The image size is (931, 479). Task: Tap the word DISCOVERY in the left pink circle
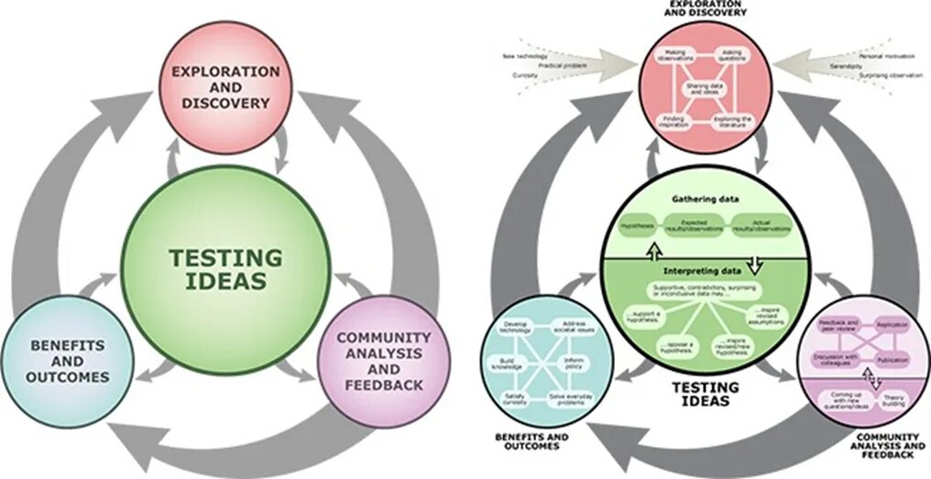[225, 103]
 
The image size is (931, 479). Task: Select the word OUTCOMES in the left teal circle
[68, 376]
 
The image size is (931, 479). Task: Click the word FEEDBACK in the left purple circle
[384, 385]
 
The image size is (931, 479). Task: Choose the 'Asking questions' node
[729, 56]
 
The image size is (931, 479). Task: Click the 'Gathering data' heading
[706, 198]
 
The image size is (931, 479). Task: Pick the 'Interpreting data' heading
[706, 271]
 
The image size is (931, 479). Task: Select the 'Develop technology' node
[515, 328]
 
